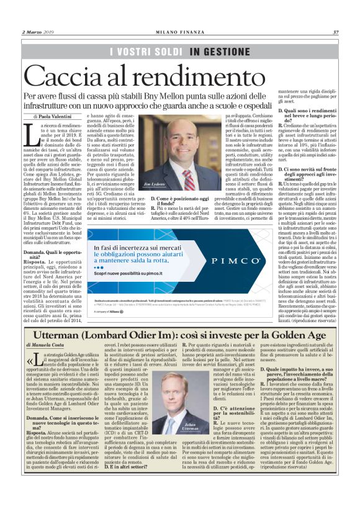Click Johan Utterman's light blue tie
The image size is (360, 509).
pyautogui.click(x=180, y=428)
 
